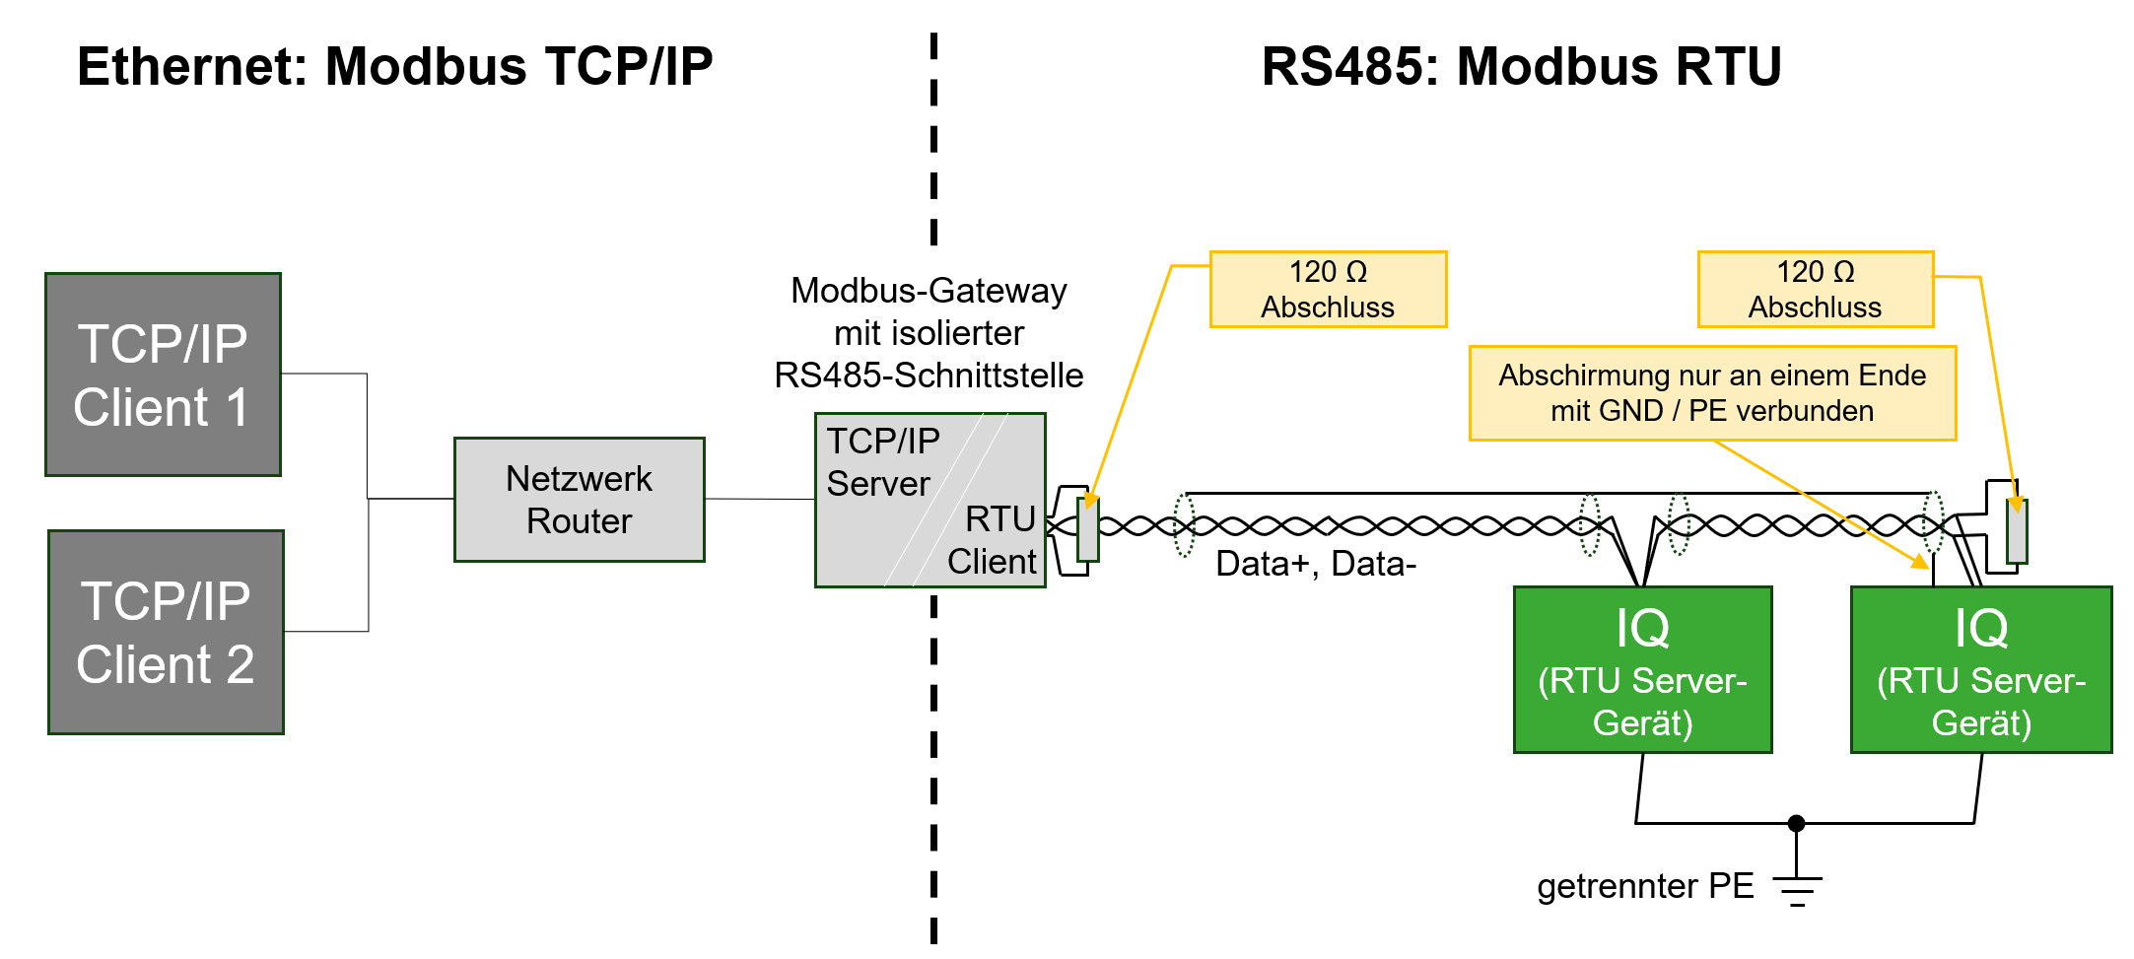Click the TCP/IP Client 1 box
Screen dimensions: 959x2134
tap(163, 375)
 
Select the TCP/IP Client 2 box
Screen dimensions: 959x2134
tap(166, 632)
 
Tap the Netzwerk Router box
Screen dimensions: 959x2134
tap(579, 500)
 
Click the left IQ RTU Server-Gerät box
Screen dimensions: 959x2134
tap(1642, 670)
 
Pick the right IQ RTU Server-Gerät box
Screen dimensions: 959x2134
tap(1981, 670)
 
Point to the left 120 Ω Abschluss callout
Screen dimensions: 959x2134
tap(1328, 289)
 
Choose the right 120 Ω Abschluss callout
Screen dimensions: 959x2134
tap(1815, 289)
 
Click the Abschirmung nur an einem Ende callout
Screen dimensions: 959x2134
tap(1712, 392)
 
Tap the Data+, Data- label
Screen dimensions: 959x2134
tap(1315, 564)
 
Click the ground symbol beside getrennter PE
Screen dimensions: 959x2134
tap(1797, 890)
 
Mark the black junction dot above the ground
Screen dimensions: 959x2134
tap(1797, 823)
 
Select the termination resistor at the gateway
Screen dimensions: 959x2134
tap(1088, 529)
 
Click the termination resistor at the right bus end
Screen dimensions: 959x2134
tap(2018, 531)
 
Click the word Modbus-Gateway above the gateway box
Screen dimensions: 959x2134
tap(929, 291)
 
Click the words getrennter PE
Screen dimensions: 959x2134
tap(1645, 886)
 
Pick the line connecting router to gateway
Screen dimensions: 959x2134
tap(759, 499)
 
